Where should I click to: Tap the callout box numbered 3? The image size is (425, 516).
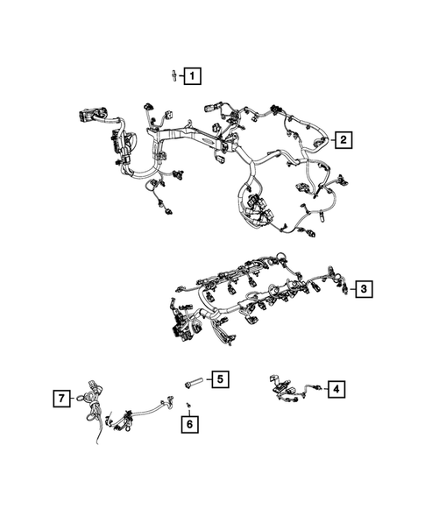click(365, 287)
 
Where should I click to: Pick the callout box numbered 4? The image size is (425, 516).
click(336, 389)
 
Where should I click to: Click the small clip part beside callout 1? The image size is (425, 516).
click(174, 76)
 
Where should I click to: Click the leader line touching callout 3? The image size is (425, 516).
click(354, 287)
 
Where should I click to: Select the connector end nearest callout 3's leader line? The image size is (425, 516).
click(347, 288)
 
